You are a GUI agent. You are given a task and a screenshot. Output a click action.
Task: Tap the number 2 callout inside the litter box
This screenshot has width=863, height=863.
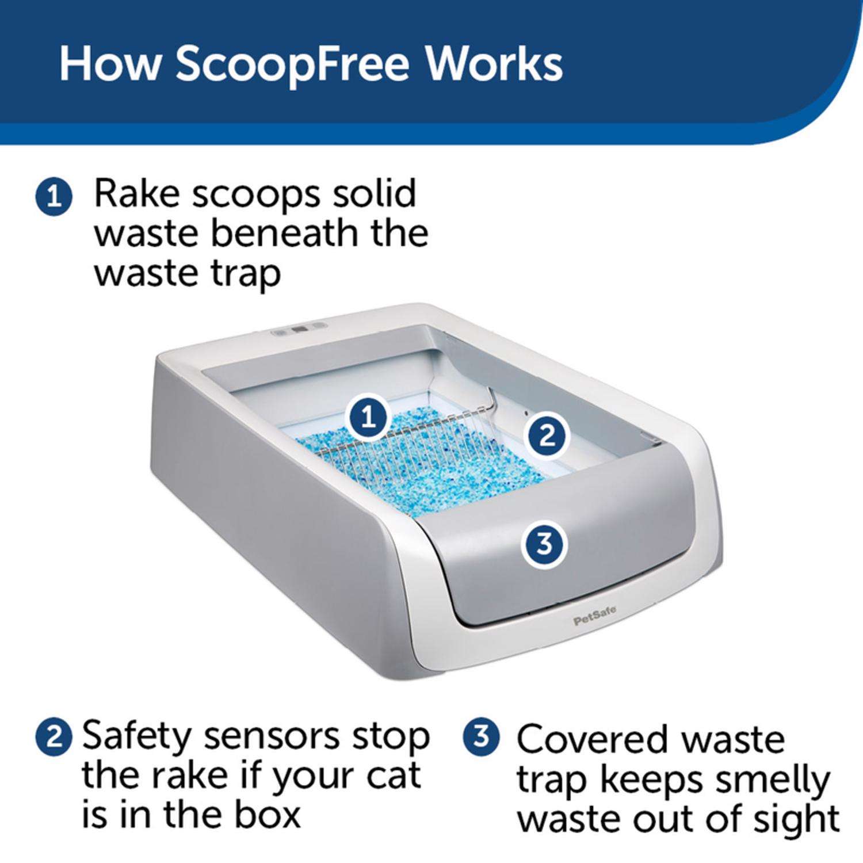click(547, 436)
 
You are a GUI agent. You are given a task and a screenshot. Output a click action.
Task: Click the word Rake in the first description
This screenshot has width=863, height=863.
click(136, 194)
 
